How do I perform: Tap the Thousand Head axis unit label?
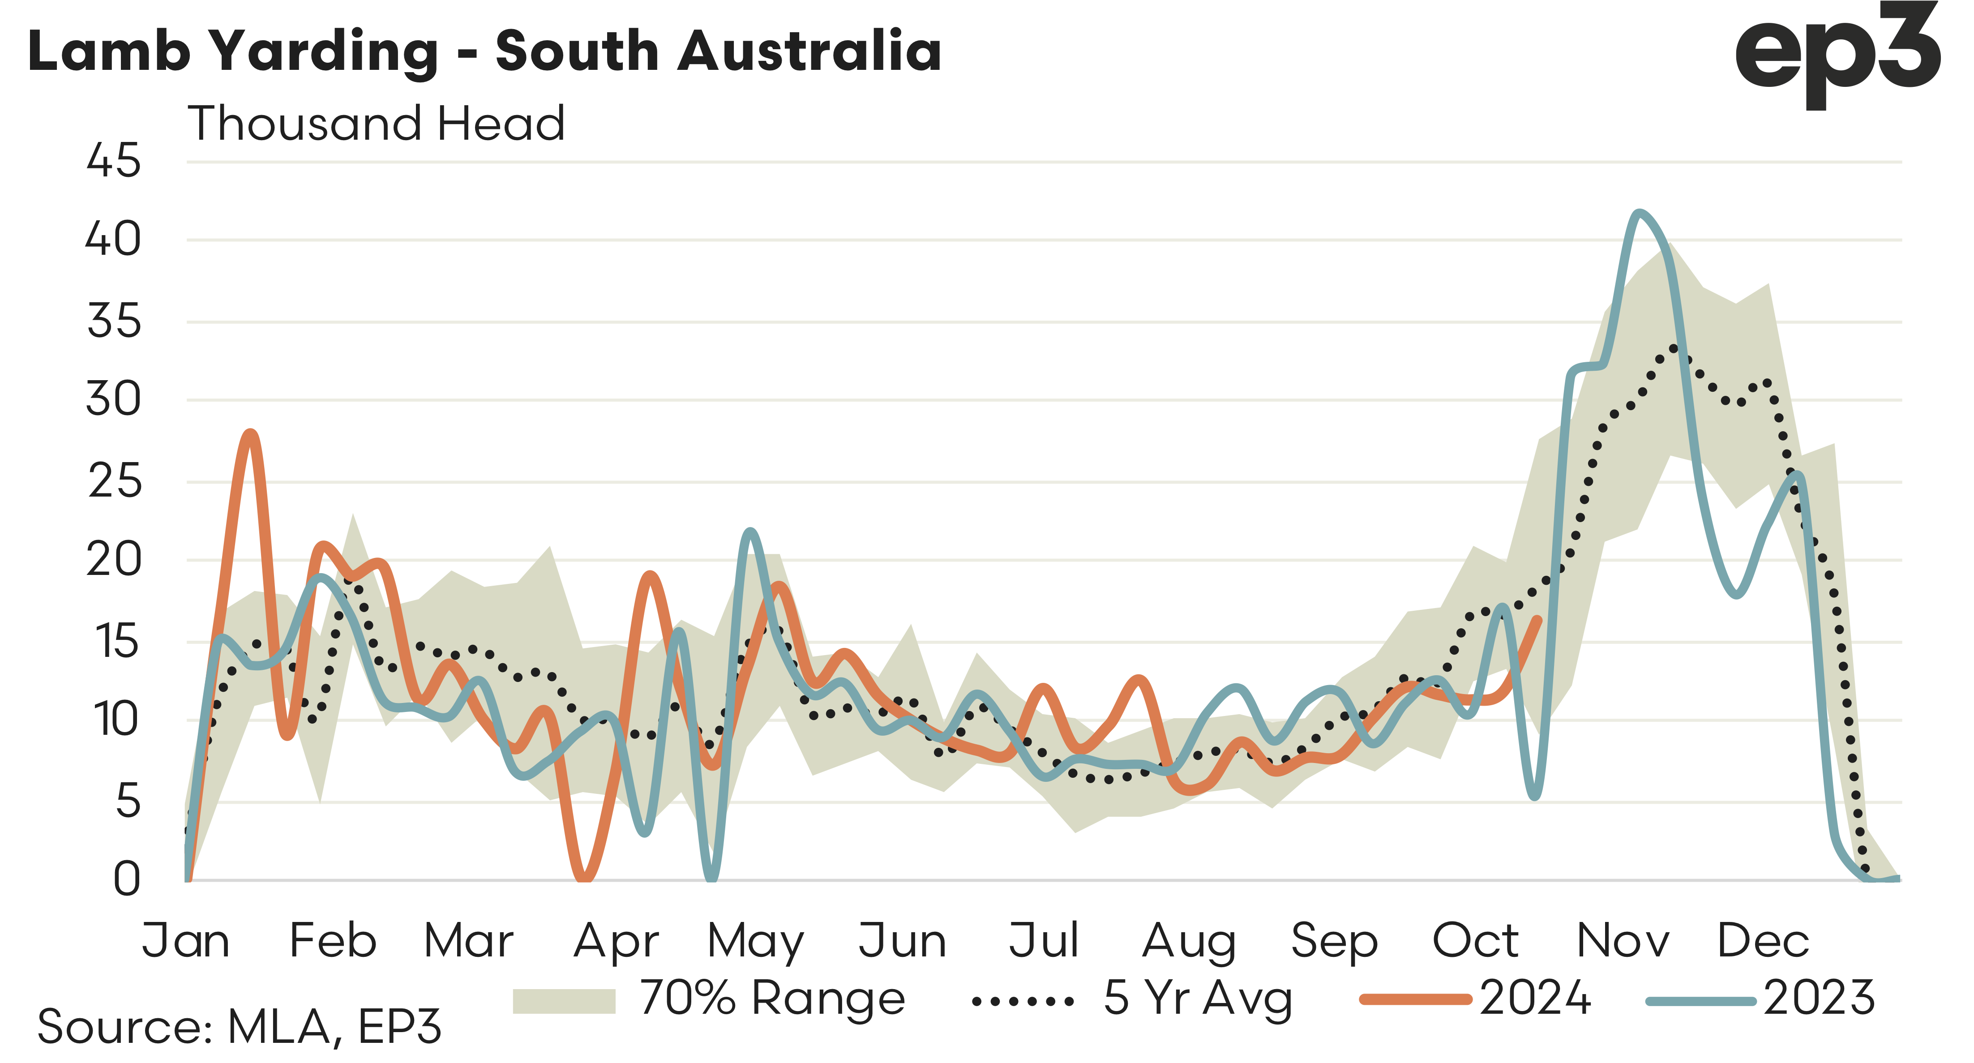pos(376,124)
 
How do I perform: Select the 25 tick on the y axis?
pos(115,482)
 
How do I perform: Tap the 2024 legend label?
pos(1535,999)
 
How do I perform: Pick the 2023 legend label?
pos(1819,999)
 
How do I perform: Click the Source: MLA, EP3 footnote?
pos(239,1027)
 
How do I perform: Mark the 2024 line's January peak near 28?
pos(251,434)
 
